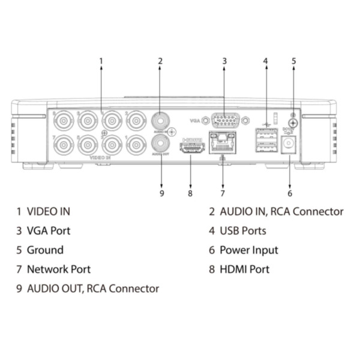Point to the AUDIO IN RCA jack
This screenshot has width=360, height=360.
(160, 120)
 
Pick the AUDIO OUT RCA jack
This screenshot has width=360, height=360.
(160, 143)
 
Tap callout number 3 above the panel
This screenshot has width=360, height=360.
(224, 61)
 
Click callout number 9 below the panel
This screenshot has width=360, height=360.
(161, 193)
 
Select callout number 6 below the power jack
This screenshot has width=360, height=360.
(290, 193)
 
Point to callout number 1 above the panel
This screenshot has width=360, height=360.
(101, 61)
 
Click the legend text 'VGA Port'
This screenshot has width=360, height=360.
(49, 231)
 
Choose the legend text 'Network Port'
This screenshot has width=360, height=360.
(59, 269)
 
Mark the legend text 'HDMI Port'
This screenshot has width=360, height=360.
(245, 269)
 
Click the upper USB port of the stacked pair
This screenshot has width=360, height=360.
(265, 133)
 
